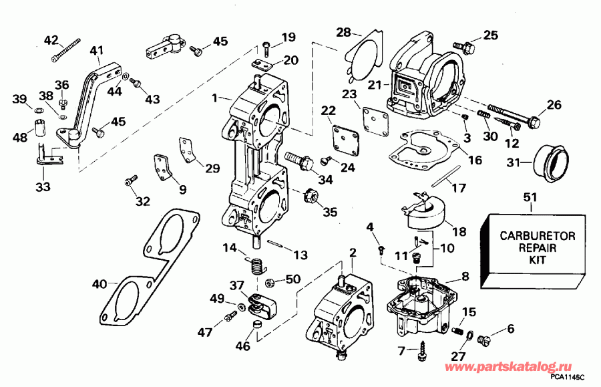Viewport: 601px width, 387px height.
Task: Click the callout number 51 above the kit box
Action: [531, 199]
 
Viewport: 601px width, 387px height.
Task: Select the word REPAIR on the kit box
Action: [531, 247]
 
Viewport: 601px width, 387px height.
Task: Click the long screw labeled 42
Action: [65, 52]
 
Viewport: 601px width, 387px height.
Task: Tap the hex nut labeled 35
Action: [310, 195]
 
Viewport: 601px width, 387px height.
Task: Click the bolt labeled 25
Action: [466, 47]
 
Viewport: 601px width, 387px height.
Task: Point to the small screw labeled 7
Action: [424, 347]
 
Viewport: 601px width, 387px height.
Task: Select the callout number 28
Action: [344, 32]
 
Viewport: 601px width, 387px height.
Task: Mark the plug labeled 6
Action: [485, 340]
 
